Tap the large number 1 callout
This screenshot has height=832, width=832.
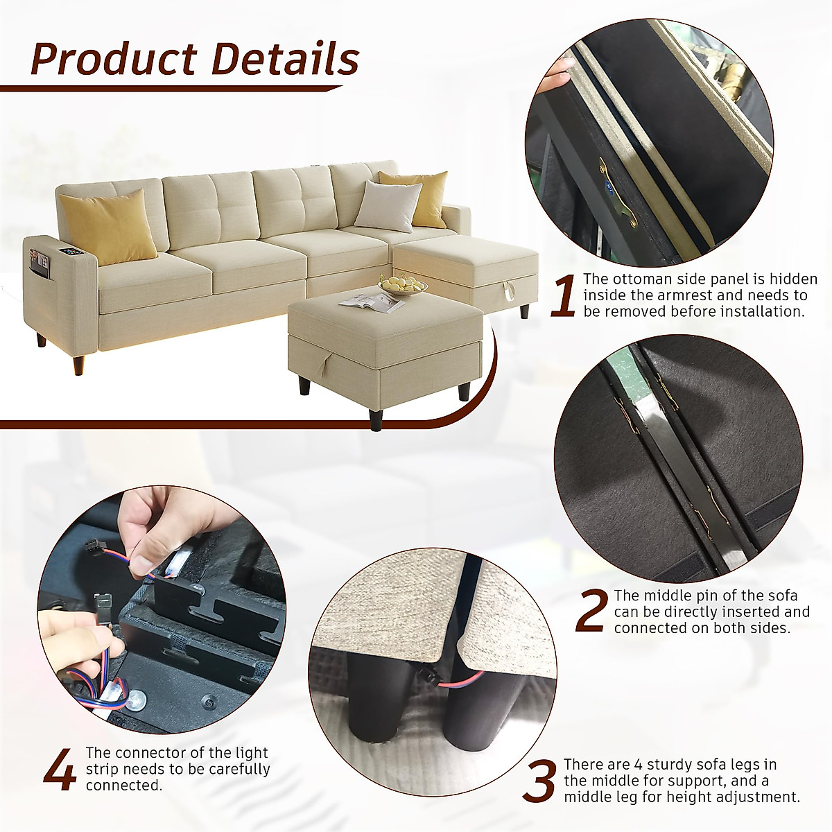pyautogui.click(x=563, y=296)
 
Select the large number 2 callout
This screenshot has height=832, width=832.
pyautogui.click(x=591, y=612)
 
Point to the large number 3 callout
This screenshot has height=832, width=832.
pyautogui.click(x=539, y=781)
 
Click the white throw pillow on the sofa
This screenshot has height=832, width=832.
pyautogui.click(x=388, y=204)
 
